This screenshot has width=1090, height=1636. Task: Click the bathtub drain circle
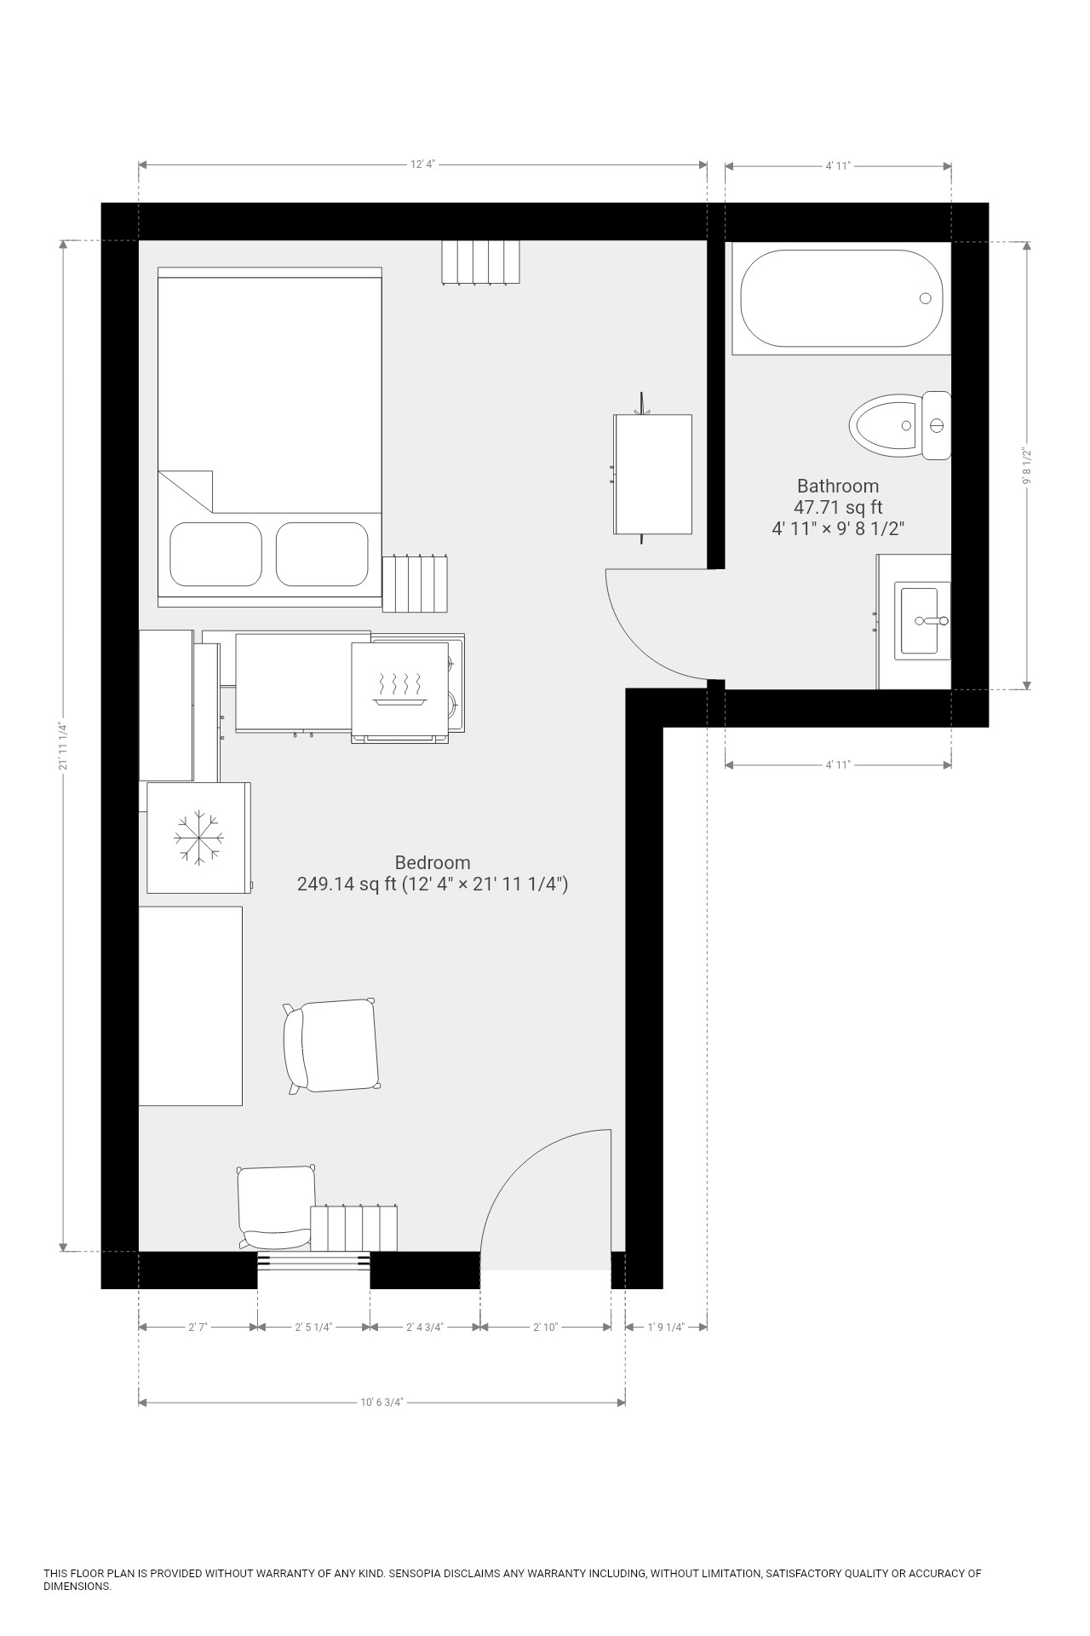925,298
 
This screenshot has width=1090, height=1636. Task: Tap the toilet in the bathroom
900,425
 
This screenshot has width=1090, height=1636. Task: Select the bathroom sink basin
920,620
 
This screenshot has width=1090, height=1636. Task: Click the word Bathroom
838,486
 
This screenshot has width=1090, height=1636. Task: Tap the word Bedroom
433,862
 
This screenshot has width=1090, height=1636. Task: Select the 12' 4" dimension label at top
423,165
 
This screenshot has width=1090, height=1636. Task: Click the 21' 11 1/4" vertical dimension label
63,746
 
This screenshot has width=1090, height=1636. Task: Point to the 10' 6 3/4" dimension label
381,1402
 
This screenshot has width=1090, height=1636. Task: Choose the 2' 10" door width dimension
545,1327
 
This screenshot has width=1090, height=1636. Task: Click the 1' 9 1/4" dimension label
666,1327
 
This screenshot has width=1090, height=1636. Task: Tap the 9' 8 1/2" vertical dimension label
1027,466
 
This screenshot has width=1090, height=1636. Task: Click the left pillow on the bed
215,554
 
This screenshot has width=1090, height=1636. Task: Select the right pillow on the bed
322,554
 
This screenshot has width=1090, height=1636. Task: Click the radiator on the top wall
480,262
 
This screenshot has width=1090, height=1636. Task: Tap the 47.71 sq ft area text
838,507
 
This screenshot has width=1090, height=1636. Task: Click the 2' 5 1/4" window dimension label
313,1327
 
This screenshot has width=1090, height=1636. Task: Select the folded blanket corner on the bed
185,492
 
